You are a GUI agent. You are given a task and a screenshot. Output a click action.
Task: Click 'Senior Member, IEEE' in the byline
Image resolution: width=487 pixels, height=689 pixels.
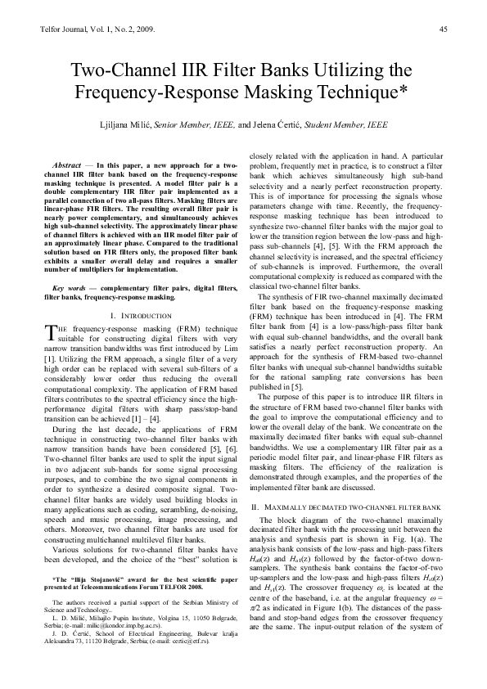(193, 126)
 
